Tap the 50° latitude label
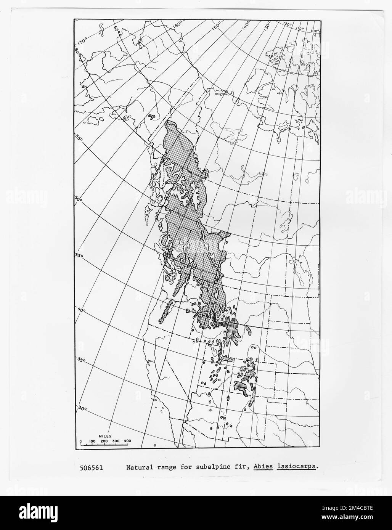79,199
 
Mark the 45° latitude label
79,255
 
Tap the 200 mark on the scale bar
104,441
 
